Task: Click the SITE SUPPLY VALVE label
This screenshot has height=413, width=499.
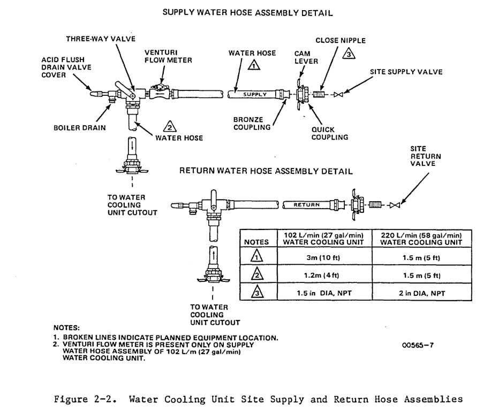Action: tap(406, 72)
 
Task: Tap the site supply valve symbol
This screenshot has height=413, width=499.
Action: tap(338, 95)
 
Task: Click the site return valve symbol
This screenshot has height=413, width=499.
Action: tap(395, 205)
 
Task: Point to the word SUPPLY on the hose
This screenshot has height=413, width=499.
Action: tap(255, 95)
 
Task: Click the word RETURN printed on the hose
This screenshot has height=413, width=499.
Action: tap(306, 205)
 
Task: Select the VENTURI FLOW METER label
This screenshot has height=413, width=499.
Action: tap(168, 56)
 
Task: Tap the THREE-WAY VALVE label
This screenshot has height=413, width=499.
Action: tap(101, 39)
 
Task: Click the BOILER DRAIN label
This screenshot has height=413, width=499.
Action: tap(80, 128)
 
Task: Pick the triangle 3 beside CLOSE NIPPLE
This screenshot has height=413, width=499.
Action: tap(349, 53)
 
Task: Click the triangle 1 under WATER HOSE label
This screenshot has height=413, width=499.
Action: tap(254, 65)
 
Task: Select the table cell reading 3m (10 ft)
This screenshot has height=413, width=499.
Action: tap(323, 257)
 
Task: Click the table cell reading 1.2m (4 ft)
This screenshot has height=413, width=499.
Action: tap(321, 276)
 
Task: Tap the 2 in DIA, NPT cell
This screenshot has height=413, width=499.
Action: tap(422, 293)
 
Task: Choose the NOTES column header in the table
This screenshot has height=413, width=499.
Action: tap(256, 242)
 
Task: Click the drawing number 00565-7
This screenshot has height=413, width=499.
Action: tap(418, 345)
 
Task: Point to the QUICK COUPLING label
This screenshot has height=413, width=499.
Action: tap(330, 134)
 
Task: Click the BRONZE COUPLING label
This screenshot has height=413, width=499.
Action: tap(252, 124)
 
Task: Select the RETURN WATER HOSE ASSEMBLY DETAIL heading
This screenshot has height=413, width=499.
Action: tap(266, 171)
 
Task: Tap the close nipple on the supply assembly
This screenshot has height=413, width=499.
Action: tap(319, 95)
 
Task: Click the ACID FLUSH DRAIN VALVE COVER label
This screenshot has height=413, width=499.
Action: tap(66, 67)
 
